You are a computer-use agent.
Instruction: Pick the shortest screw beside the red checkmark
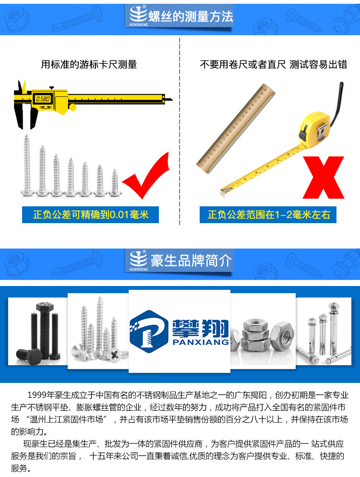click(114, 182)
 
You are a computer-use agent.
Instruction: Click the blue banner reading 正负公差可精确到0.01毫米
click(90, 215)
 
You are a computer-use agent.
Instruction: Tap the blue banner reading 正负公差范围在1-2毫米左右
click(268, 215)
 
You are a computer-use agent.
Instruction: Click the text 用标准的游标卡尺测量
click(89, 64)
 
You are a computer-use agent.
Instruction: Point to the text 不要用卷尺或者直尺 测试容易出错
click(273, 64)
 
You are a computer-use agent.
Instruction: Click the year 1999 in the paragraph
click(37, 395)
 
